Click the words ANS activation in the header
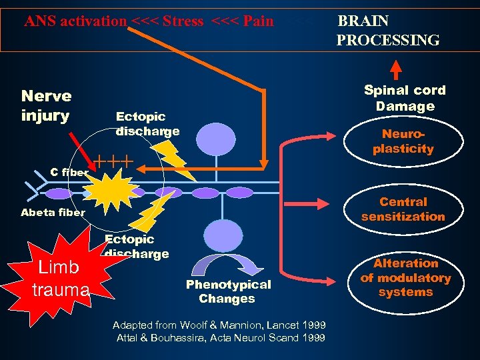[75, 21]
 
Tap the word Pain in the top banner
[258, 21]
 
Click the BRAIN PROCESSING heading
[387, 31]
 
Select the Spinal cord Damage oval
[404, 98]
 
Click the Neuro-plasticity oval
[403, 142]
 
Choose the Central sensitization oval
[403, 209]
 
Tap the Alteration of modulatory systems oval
[405, 277]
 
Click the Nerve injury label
[46, 106]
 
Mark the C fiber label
[69, 172]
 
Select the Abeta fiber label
[53, 213]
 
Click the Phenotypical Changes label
[228, 291]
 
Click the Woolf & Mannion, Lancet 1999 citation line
[219, 325]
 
